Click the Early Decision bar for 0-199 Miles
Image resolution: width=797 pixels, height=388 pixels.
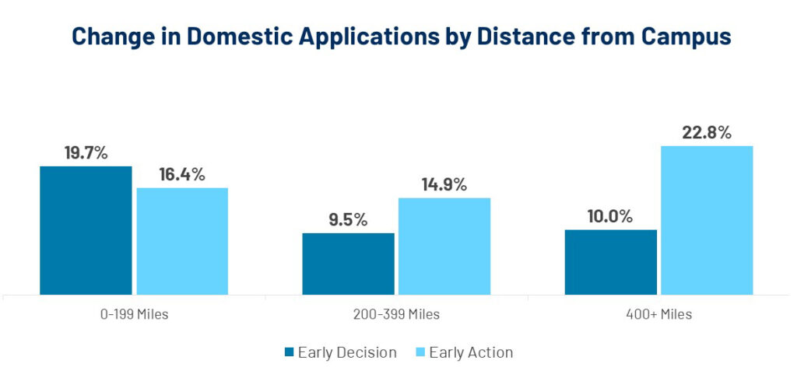pyautogui.click(x=86, y=230)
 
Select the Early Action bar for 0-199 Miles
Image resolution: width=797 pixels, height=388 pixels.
pyautogui.click(x=182, y=241)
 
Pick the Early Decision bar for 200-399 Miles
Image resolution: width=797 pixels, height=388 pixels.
pyautogui.click(x=348, y=264)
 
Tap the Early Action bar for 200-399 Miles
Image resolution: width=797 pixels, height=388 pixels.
pyautogui.click(x=444, y=246)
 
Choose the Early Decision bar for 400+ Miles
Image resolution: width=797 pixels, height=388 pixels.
pyautogui.click(x=610, y=262)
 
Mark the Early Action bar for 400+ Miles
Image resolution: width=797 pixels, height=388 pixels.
pyautogui.click(x=707, y=220)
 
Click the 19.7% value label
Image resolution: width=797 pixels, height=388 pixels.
pyautogui.click(x=86, y=152)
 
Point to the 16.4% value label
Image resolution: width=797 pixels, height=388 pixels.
pyautogui.click(x=182, y=174)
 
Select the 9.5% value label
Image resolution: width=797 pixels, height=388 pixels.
pyautogui.click(x=348, y=219)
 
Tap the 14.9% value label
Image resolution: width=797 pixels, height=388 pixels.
pyautogui.click(x=444, y=184)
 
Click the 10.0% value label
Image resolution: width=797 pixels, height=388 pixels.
pyautogui.click(x=610, y=216)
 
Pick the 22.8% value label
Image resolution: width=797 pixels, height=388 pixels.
pyautogui.click(x=707, y=132)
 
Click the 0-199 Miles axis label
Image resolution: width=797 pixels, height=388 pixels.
pyautogui.click(x=134, y=314)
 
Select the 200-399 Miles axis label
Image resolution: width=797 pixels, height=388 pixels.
pyautogui.click(x=396, y=314)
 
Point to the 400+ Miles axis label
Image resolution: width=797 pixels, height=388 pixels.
pyautogui.click(x=659, y=314)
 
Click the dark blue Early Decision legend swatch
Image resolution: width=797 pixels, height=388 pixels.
pyautogui.click(x=290, y=352)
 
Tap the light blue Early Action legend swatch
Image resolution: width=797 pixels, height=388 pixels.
pyautogui.click(x=420, y=352)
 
